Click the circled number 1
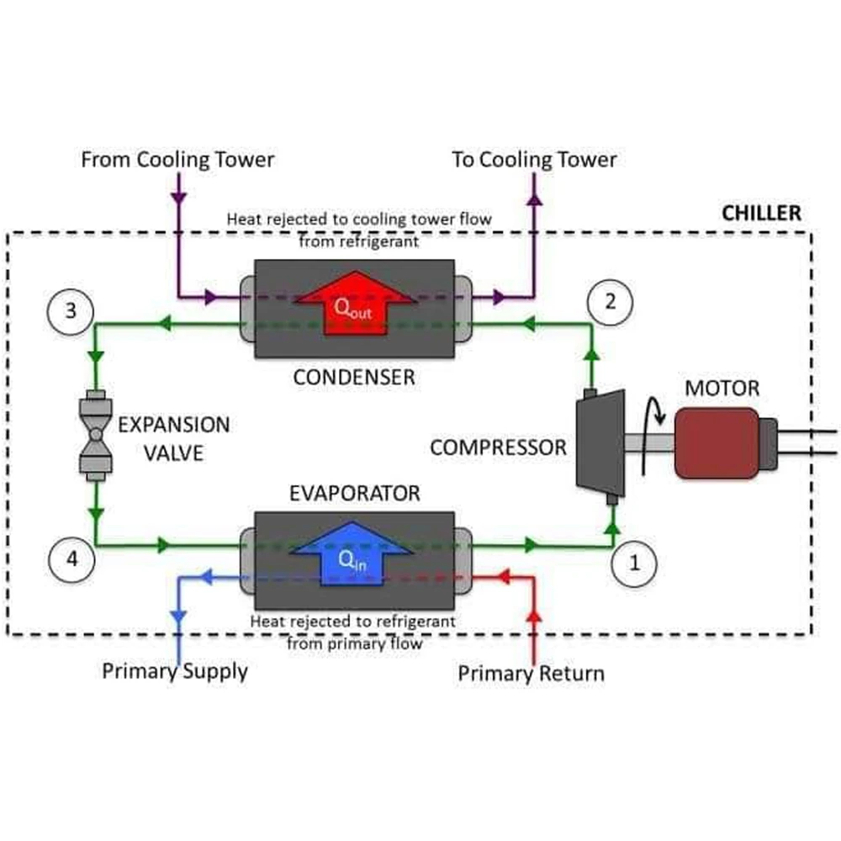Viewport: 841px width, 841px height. [x=635, y=563]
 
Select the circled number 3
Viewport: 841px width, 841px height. [x=70, y=310]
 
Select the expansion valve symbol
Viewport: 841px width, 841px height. [x=95, y=436]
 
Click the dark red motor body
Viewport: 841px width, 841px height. [x=717, y=442]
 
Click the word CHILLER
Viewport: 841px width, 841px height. [x=762, y=213]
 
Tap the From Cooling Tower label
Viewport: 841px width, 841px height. [x=177, y=159]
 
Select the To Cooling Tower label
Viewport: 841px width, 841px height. [x=534, y=159]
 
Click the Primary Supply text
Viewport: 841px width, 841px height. [x=175, y=671]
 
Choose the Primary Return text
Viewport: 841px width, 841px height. [x=531, y=674]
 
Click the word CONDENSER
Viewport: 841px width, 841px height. [x=354, y=377]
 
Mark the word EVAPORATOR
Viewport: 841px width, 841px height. [x=354, y=493]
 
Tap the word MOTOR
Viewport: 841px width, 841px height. [x=722, y=389]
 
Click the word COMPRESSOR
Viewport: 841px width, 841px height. [x=498, y=447]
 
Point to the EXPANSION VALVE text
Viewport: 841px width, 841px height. [x=173, y=437]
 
